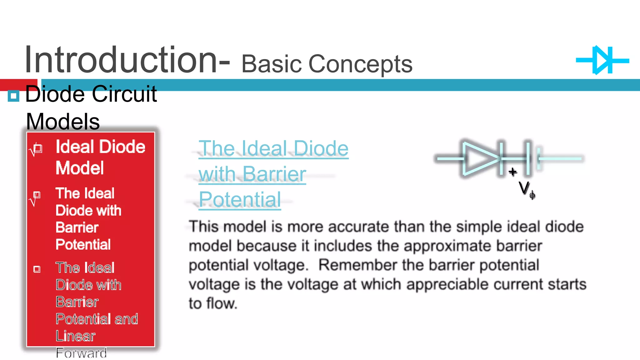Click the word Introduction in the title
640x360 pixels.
click(x=120, y=60)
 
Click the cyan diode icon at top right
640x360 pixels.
click(x=602, y=60)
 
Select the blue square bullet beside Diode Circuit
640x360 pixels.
click(x=13, y=96)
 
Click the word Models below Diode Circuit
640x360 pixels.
click(x=63, y=122)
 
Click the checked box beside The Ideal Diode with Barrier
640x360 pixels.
click(x=36, y=197)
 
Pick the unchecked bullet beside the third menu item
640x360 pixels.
click(x=37, y=269)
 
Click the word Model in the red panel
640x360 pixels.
click(x=80, y=168)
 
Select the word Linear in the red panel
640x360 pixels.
click(x=75, y=336)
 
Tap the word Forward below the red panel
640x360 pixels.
click(x=81, y=353)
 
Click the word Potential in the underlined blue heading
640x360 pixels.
click(x=240, y=200)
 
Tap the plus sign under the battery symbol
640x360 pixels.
click(x=512, y=172)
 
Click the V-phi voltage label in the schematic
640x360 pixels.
click(x=526, y=189)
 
